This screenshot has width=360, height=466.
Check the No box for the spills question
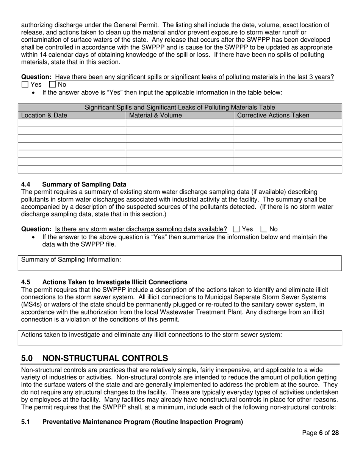point(53,84)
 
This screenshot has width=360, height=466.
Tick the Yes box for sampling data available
point(236,229)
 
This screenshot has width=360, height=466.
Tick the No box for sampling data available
point(264,229)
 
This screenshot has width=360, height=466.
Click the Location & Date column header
point(42,115)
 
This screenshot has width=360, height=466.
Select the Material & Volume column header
point(155,115)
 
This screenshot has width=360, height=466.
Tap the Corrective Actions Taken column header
point(273,115)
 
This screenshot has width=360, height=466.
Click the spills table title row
point(180,108)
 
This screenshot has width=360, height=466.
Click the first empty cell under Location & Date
point(72,123)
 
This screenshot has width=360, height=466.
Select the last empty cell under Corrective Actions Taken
point(288,169)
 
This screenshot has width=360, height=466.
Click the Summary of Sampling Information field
point(180,263)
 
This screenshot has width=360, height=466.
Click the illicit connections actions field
point(180,338)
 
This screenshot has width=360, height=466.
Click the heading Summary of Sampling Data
point(84,185)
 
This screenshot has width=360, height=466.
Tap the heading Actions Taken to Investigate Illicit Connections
point(115,282)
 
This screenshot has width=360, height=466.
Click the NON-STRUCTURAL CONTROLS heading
point(105,358)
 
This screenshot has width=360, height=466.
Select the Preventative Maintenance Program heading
point(142,422)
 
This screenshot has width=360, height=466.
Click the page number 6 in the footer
point(321,444)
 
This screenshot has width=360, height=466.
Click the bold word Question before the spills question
point(36,77)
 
